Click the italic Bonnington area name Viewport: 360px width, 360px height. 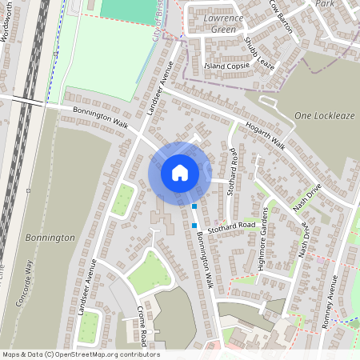50,238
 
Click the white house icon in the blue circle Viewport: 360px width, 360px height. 180,173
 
